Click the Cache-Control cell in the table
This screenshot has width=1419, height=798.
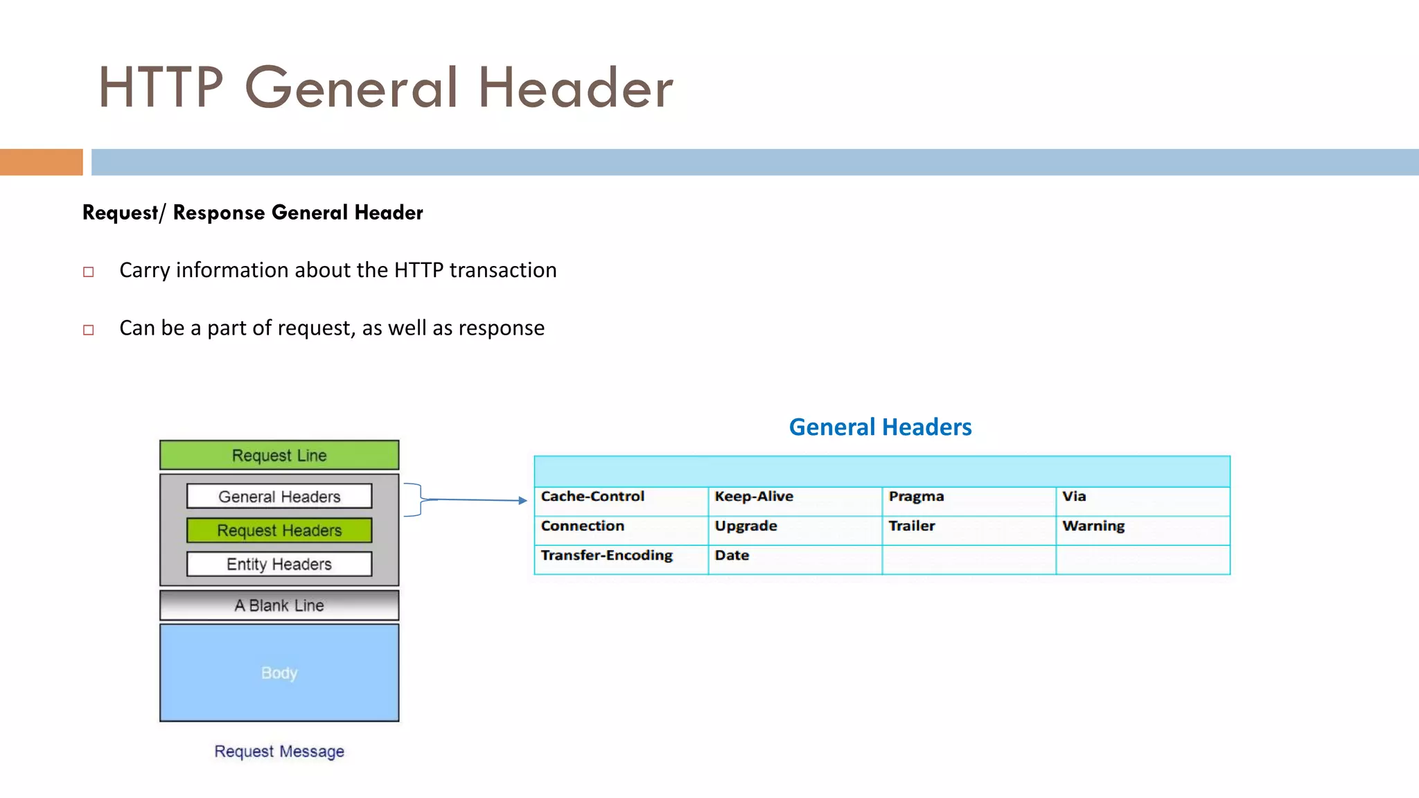point(620,500)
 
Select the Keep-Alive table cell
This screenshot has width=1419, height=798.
point(794,500)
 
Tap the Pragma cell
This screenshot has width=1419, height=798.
point(968,500)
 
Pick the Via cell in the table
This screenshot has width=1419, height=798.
point(1142,500)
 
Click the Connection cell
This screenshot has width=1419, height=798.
point(620,529)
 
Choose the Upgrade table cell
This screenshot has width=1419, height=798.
point(794,529)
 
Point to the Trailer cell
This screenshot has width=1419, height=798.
point(968,529)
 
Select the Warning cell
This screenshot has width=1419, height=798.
point(1142,529)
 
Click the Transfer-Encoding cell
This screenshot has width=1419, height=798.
point(620,558)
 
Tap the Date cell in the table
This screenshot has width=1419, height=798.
point(794,558)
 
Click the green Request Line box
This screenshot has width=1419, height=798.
point(279,455)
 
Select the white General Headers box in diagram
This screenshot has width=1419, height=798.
point(279,496)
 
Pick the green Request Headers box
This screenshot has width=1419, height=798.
point(279,530)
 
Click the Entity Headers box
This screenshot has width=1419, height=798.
point(279,564)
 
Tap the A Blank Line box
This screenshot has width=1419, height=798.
point(279,605)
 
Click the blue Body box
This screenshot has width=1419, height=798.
point(279,672)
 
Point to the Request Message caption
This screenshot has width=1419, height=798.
point(279,751)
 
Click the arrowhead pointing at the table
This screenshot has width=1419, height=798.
point(523,500)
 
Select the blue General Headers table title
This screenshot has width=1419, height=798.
point(880,427)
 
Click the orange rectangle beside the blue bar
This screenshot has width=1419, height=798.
point(41,162)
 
